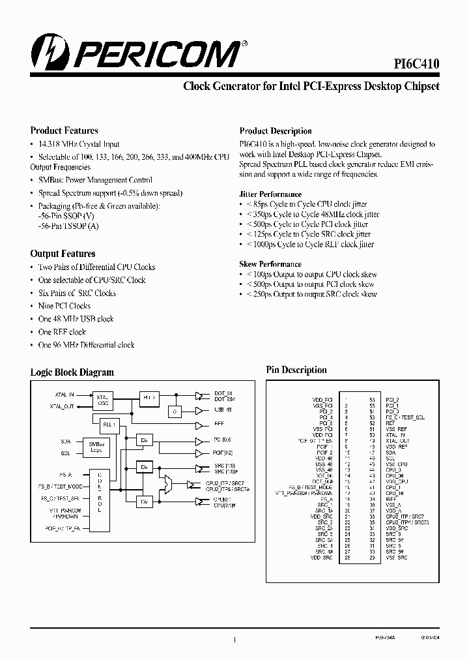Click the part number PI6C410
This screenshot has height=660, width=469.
point(416,63)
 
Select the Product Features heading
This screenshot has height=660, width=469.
point(64,130)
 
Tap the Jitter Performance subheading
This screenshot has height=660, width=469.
point(270,194)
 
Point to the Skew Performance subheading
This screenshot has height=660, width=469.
point(270,264)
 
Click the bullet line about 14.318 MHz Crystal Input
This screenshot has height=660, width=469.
point(78,144)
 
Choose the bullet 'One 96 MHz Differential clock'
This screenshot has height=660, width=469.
point(86,345)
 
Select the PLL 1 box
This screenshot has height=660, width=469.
point(108,425)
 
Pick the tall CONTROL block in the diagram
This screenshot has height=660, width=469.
point(100,491)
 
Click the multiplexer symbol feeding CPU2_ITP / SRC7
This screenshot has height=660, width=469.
point(168,484)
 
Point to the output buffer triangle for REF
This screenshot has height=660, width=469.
point(199,424)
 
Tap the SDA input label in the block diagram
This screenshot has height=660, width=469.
point(66,442)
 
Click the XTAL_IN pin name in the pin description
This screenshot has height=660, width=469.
point(395,434)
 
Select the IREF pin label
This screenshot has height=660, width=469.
point(391,498)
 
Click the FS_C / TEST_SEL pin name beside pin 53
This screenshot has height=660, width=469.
point(405,417)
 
